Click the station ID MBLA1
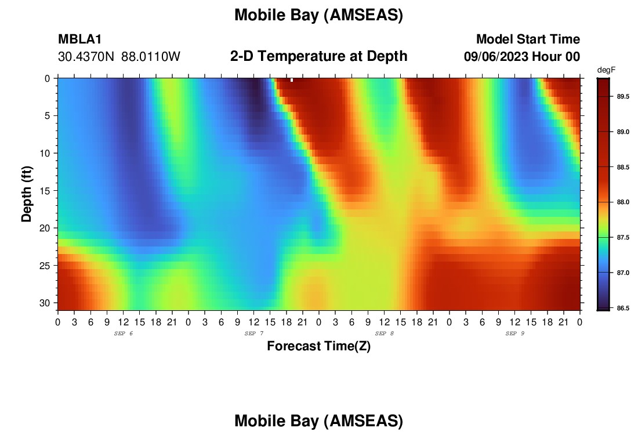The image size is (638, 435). click(x=80, y=39)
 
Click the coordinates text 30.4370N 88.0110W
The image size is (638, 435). click(x=119, y=57)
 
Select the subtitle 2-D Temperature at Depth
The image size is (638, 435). click(x=318, y=56)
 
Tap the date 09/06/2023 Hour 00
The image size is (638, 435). click(x=522, y=57)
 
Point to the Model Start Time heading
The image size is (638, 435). click(x=528, y=39)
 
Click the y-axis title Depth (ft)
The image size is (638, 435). click(x=27, y=194)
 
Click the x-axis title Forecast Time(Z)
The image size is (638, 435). click(x=318, y=346)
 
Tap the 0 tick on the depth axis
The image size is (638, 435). click(x=48, y=78)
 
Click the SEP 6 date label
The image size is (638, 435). click(x=124, y=333)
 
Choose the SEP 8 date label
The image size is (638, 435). click(x=385, y=333)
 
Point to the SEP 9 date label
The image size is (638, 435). click(x=515, y=333)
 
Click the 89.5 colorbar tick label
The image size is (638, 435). click(x=623, y=96)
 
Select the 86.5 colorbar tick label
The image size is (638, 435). click(x=623, y=308)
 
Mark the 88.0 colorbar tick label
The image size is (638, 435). click(x=623, y=202)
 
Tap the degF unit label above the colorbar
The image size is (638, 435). click(x=606, y=70)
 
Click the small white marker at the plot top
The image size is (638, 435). click(x=292, y=80)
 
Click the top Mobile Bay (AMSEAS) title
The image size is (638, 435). click(x=318, y=15)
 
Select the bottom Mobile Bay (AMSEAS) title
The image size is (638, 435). click(x=318, y=420)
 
